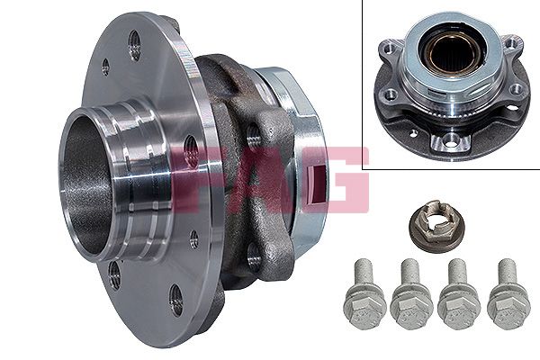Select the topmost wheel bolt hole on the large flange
click(x=134, y=46)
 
